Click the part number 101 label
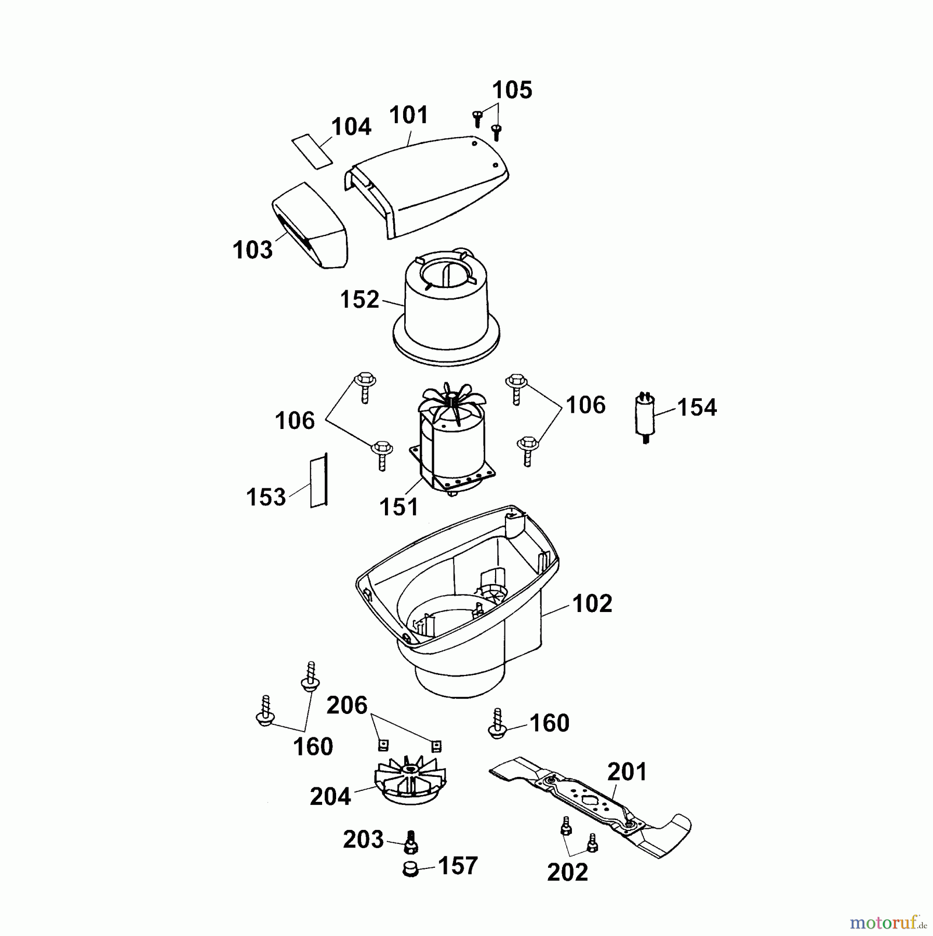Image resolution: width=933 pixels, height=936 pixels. [408, 115]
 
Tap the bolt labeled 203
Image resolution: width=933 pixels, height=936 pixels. [411, 842]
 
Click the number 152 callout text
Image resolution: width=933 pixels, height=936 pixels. [359, 300]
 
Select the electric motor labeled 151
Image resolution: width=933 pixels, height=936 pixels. [452, 447]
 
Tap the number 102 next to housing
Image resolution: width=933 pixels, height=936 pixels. [592, 604]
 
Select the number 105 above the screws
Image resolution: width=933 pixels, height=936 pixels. [512, 90]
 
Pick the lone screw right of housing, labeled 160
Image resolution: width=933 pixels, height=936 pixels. [497, 724]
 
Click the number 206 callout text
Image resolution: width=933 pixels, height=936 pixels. [346, 706]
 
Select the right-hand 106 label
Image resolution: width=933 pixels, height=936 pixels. [585, 405]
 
